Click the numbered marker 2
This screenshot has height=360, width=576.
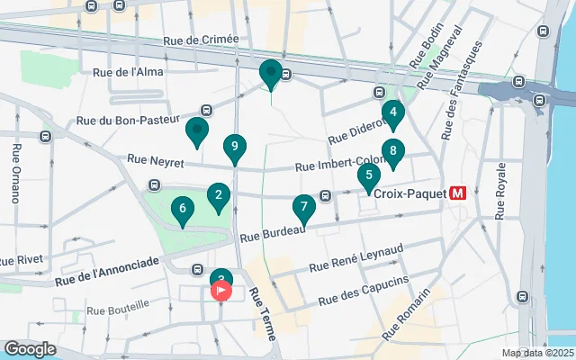pyautogui.click(x=217, y=195)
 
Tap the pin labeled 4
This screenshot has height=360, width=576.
pyautogui.click(x=392, y=113)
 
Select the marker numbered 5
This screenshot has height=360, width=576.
pyautogui.click(x=368, y=176)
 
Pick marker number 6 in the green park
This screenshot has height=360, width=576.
pyautogui.click(x=183, y=211)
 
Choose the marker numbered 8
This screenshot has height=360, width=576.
pyautogui.click(x=392, y=151)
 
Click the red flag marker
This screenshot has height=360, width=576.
pyautogui.click(x=221, y=291)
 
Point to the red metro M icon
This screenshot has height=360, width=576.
pyautogui.click(x=457, y=192)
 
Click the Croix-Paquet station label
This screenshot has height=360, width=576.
pyautogui.click(x=404, y=192)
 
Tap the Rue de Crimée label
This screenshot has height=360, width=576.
pyautogui.click(x=202, y=40)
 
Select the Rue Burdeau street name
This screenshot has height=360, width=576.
pyautogui.click(x=273, y=232)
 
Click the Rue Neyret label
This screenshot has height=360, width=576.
pyautogui.click(x=156, y=159)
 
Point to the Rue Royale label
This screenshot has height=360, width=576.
pyautogui.click(x=501, y=191)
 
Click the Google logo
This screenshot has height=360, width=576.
pyautogui.click(x=30, y=348)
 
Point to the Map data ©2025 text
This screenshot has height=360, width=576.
pyautogui.click(x=537, y=353)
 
